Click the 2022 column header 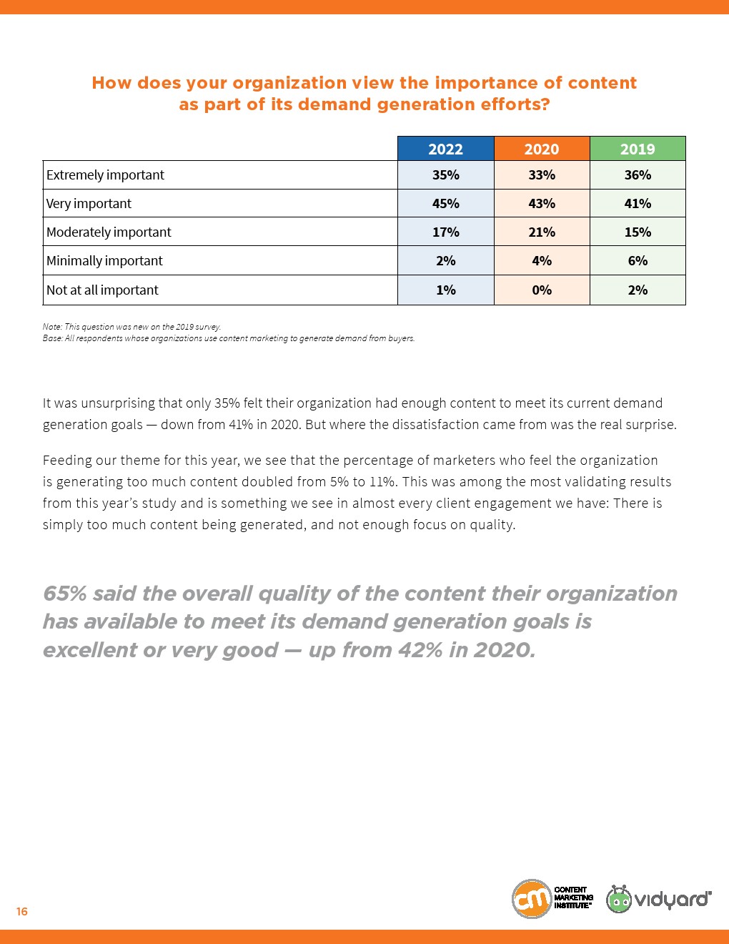tap(445, 149)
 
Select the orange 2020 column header tap(541, 149)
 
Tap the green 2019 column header tap(638, 149)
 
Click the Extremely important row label tap(105, 175)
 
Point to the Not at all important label tap(102, 290)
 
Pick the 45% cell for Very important tap(445, 204)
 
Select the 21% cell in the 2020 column tap(541, 232)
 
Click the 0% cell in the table tap(541, 290)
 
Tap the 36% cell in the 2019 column tap(638, 175)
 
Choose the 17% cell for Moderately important tap(445, 232)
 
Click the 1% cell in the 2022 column tap(445, 290)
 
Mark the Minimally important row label tap(104, 261)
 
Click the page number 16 tap(22, 911)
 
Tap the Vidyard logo tap(659, 899)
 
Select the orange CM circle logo tap(531, 899)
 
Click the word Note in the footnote tap(51, 327)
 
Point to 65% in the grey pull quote tap(64, 594)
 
